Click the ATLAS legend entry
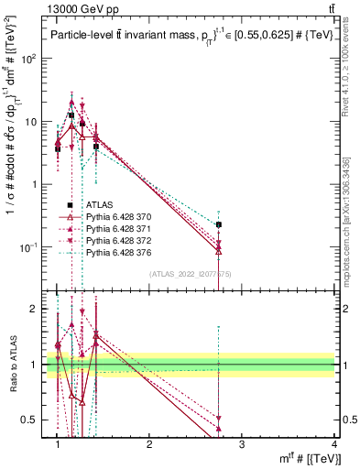pyautogui.click(x=100, y=205)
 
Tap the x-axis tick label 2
pyautogui.click(x=149, y=444)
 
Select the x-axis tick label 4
pyautogui.click(x=334, y=444)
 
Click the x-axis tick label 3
pyautogui.click(x=242, y=444)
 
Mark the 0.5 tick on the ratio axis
pyautogui.click(x=37, y=420)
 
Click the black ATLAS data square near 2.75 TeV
pyautogui.click(x=219, y=224)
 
